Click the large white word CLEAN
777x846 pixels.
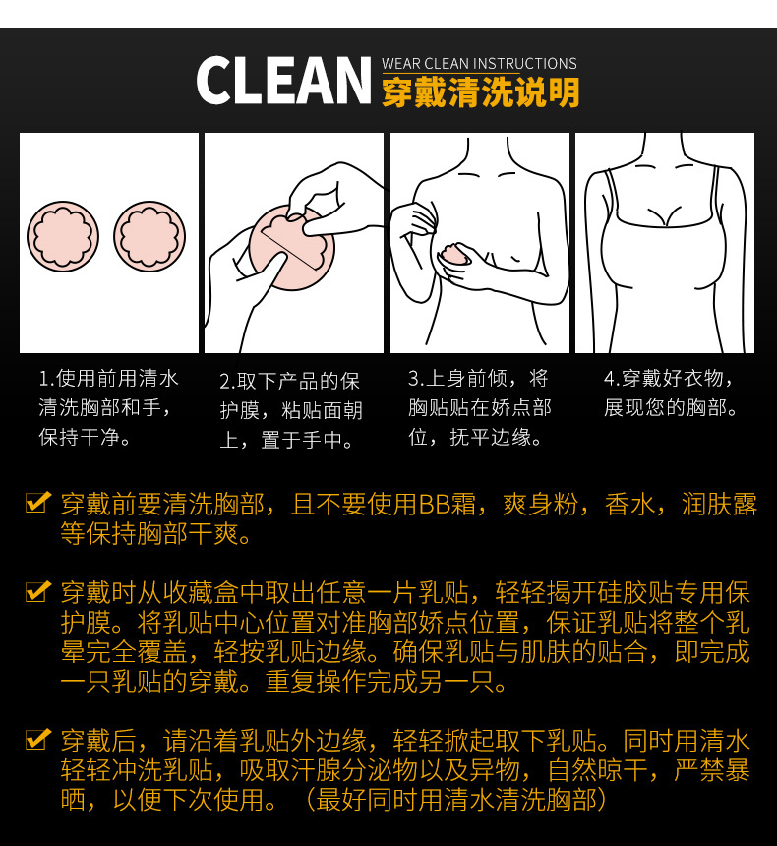283,82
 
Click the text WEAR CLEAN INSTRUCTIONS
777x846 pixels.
479,64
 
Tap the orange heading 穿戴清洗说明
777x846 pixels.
479,91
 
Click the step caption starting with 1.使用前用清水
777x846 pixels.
108,407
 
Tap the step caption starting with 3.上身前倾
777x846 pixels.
479,407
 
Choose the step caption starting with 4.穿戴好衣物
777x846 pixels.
669,393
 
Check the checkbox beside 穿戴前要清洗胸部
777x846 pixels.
37,504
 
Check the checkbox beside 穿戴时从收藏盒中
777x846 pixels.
37,592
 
